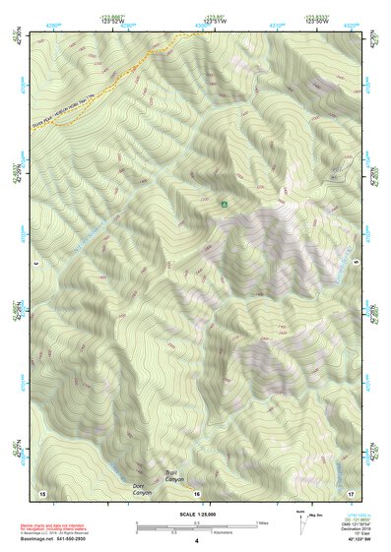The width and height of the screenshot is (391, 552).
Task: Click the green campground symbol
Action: (225, 204)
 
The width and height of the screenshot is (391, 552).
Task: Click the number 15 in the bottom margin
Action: (42, 492)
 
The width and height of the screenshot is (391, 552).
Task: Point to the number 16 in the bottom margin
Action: (196, 493)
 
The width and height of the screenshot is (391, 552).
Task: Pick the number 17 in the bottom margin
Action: (352, 492)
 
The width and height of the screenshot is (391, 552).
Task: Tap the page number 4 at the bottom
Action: (196, 541)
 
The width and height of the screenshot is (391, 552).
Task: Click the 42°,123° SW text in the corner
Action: (352, 541)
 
